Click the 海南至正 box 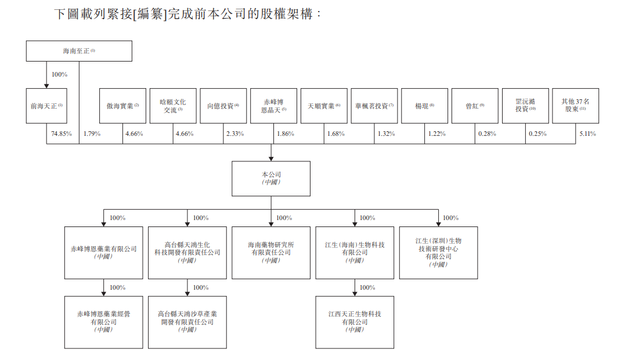point(79,51)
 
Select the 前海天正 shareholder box point(46,106)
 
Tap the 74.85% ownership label point(62,134)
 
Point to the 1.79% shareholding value point(92,134)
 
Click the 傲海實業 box point(122,106)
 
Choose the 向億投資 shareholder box point(223,106)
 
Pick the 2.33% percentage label point(234,134)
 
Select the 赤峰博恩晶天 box point(273,106)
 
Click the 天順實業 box point(324,106)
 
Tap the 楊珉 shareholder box point(424,106)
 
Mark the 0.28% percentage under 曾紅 point(487,134)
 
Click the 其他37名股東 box point(576,106)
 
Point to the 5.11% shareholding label point(587,134)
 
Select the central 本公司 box point(270,178)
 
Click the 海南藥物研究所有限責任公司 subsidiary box point(270,253)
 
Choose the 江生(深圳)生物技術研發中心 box point(439,253)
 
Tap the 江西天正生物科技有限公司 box point(355,322)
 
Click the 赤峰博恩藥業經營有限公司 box point(104,322)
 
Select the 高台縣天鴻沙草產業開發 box point(187,322)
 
